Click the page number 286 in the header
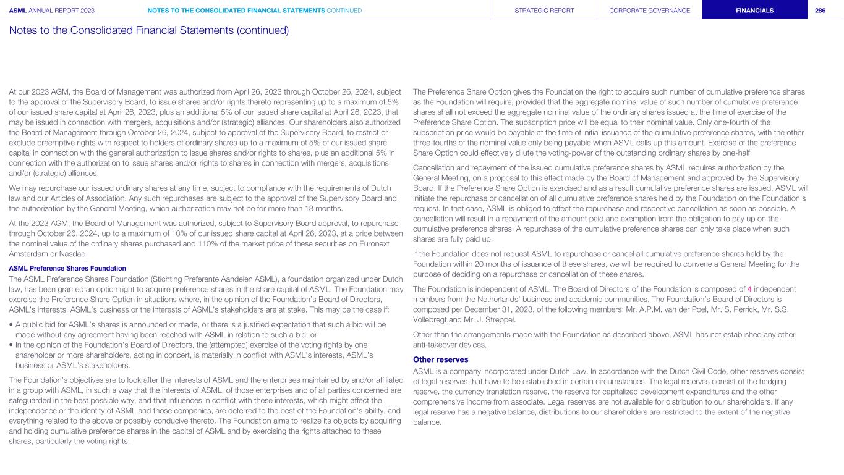[821, 10]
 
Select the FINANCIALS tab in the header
[754, 10]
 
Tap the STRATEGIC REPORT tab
[544, 10]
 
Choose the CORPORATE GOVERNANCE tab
[649, 10]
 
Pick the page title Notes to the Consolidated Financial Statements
[149, 30]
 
